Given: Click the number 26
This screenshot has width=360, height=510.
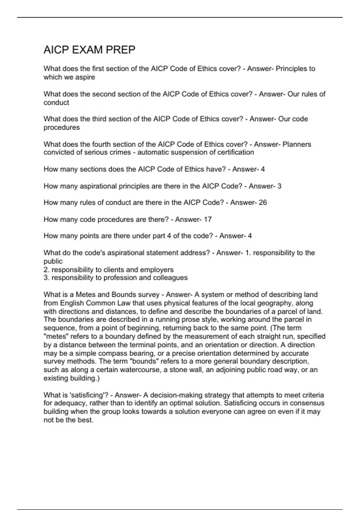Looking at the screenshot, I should coord(262,202).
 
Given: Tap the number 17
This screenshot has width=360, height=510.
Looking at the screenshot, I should coord(208,220).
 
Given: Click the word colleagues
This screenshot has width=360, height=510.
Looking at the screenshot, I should coord(170,278).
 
